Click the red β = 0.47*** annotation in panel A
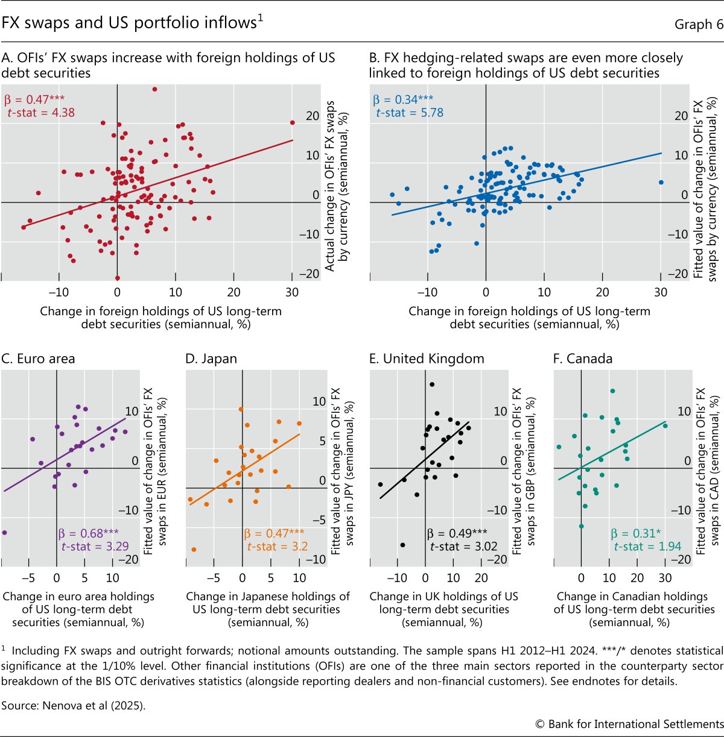[34, 99]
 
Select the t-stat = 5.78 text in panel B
[410, 113]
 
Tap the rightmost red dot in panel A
[293, 122]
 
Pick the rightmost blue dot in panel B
[661, 182]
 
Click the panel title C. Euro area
[39, 359]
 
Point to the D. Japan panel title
[211, 359]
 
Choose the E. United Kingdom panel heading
[427, 359]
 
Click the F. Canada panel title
[583, 359]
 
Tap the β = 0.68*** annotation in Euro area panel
[89, 533]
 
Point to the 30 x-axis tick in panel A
[292, 292]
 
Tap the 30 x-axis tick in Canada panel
[665, 578]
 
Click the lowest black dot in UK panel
[402, 545]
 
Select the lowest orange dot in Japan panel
[194, 550]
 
